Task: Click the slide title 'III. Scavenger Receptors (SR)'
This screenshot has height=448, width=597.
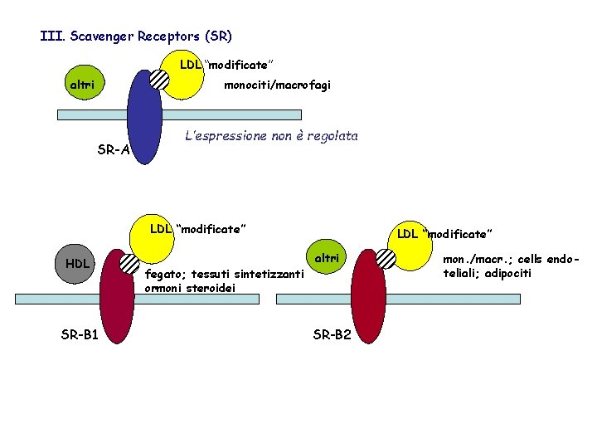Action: click(x=136, y=37)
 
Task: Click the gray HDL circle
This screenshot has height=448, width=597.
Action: click(x=77, y=264)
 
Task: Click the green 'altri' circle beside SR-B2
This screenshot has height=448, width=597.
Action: click(x=327, y=258)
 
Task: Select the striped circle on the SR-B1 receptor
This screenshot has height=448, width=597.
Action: click(x=129, y=264)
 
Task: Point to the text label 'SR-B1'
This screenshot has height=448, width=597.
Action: click(x=80, y=335)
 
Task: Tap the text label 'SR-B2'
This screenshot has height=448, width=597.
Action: click(x=332, y=335)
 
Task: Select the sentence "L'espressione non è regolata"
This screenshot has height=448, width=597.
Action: click(x=272, y=136)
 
